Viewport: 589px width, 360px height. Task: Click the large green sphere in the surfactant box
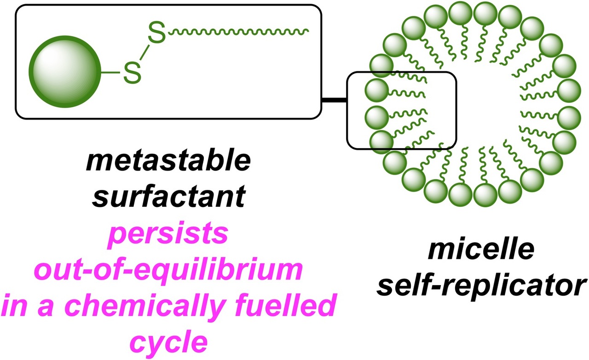[65, 74]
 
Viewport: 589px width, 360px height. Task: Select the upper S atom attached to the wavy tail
[157, 34]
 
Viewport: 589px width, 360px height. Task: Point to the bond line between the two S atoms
[144, 54]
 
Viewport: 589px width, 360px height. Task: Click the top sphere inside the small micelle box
[378, 88]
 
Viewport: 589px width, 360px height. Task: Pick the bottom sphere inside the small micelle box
[378, 139]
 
